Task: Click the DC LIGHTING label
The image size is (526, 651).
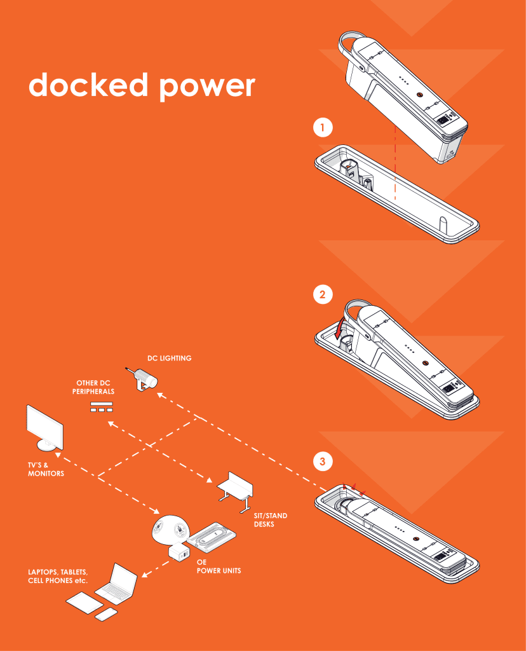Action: (169, 359)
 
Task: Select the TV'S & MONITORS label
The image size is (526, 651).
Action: (46, 469)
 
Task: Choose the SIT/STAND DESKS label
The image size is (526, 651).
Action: (271, 520)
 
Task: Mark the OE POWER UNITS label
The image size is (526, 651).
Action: (219, 567)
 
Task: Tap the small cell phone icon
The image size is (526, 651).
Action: (106, 615)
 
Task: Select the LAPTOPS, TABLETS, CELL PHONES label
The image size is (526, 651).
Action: (57, 577)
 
